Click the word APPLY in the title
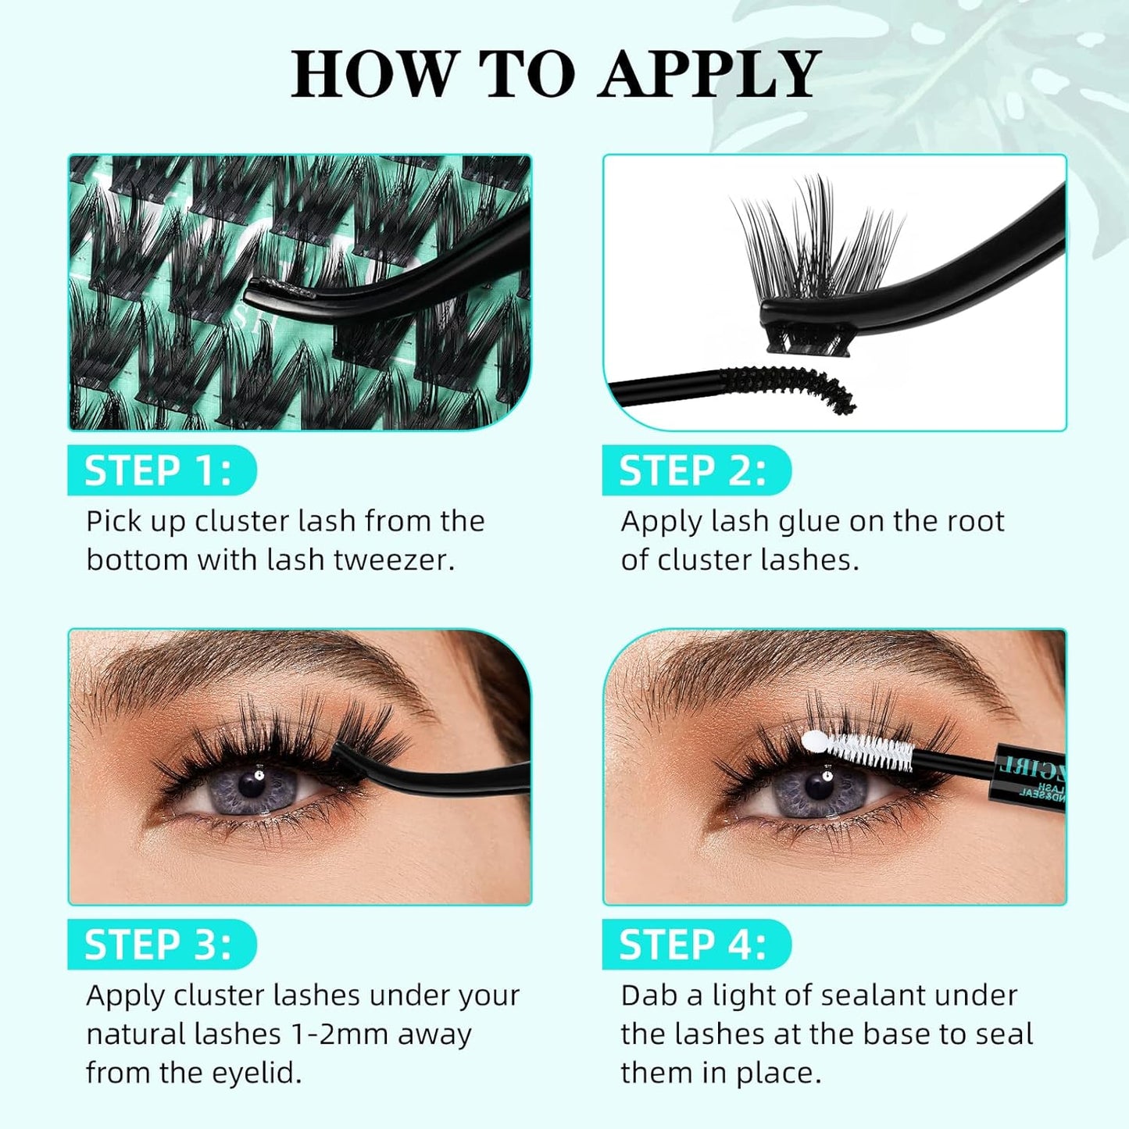[709, 74]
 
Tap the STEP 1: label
[159, 471]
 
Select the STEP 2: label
[693, 471]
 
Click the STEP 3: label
[159, 945]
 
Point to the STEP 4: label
[693, 945]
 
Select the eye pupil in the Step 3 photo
[252, 784]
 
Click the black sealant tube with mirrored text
[1027, 777]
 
